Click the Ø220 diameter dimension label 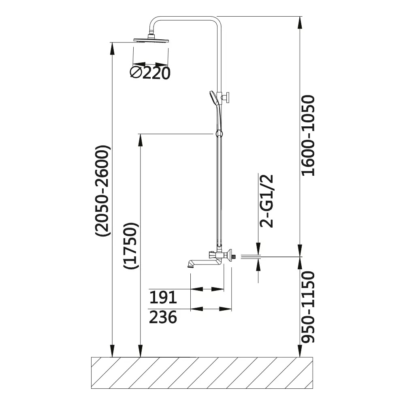coord(150,73)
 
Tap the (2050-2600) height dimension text coord(103,191)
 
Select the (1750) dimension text coord(131,246)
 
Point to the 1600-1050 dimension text coord(309,136)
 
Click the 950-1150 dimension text coord(309,307)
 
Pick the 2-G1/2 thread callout coord(266,201)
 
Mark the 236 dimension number coord(163,317)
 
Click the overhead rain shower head coord(151,40)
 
